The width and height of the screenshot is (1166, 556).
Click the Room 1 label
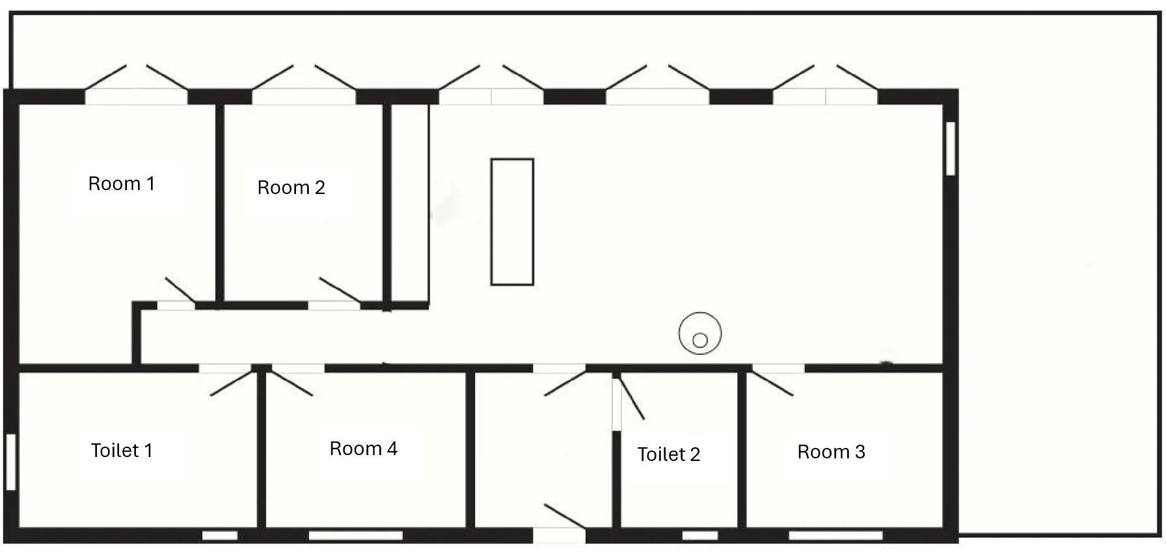tap(122, 184)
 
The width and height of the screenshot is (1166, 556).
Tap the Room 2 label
tap(291, 188)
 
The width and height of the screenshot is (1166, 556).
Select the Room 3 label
tap(831, 452)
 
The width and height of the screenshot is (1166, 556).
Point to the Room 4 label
tap(363, 449)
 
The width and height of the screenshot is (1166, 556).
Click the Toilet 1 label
tap(122, 451)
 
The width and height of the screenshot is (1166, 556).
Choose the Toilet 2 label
tap(669, 454)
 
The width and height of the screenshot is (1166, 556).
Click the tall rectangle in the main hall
tap(512, 222)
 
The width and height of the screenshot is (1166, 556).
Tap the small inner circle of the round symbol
tap(700, 340)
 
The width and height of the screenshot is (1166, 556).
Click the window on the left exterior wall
tap(10, 462)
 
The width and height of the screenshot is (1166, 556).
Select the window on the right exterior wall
tap(951, 148)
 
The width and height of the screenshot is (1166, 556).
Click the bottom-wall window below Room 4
tap(355, 536)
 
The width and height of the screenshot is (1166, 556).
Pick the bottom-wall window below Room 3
tap(836, 536)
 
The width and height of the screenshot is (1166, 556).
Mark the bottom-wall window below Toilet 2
tap(700, 536)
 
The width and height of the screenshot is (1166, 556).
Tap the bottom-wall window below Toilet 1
tap(220, 536)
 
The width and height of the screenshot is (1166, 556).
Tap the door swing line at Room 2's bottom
tap(340, 290)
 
